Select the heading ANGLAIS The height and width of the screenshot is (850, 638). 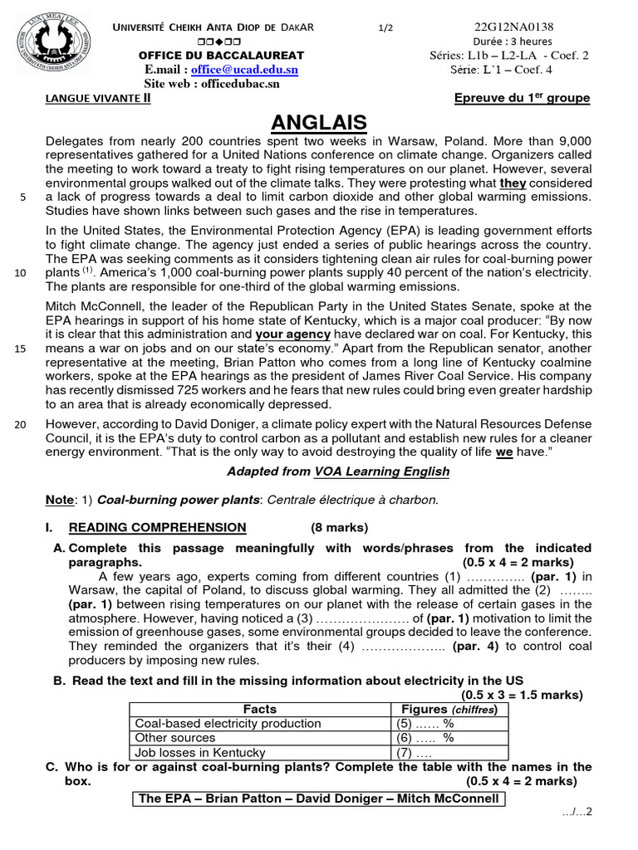(x=319, y=123)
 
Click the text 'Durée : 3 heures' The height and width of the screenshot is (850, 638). (x=513, y=42)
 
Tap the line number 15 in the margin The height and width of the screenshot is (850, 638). (x=22, y=349)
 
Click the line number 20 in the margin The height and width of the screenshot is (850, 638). (x=22, y=424)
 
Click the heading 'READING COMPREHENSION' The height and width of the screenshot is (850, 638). (x=157, y=527)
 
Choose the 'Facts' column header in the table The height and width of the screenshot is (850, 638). (x=259, y=709)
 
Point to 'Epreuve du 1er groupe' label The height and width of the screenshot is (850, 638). (x=522, y=98)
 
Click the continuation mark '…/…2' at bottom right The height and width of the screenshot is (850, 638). (x=577, y=811)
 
